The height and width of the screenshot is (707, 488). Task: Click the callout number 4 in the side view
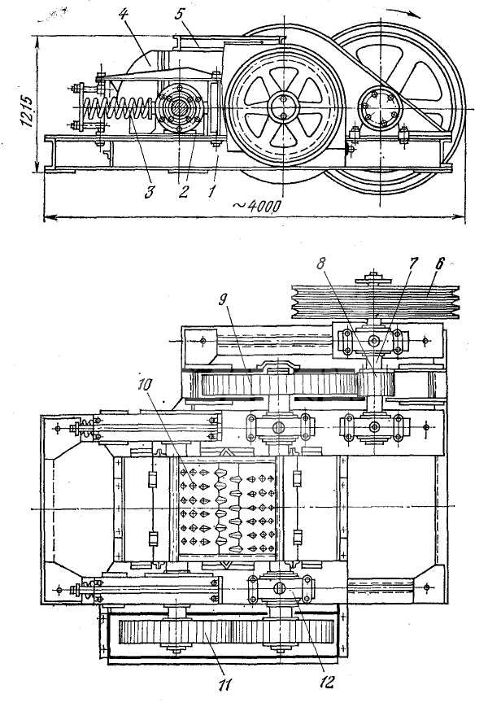click(x=123, y=14)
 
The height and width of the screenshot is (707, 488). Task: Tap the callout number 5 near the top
click(x=179, y=14)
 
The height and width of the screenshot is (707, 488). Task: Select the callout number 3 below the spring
click(x=149, y=191)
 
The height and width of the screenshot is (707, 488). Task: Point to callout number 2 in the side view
click(x=183, y=192)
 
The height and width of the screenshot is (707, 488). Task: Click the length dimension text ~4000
click(x=257, y=206)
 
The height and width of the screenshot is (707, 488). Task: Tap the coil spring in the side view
click(x=119, y=110)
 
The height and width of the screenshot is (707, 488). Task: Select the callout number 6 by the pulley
click(x=440, y=264)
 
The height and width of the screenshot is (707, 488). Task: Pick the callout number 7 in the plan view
click(x=413, y=264)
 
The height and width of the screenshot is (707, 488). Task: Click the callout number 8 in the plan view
click(x=320, y=264)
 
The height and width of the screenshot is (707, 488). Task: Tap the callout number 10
click(x=146, y=384)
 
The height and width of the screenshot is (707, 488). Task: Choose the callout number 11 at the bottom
click(x=224, y=684)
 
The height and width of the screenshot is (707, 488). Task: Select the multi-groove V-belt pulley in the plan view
click(x=375, y=301)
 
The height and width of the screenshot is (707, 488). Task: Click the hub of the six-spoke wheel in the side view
click(x=283, y=107)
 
